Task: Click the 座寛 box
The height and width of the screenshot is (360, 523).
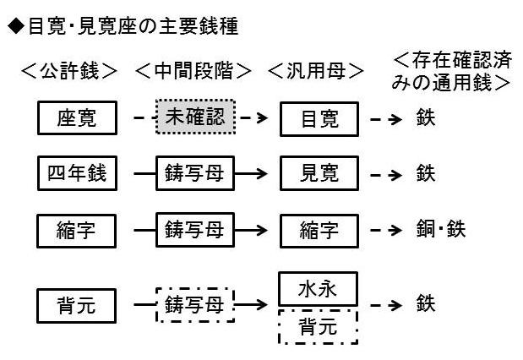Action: coord(77,117)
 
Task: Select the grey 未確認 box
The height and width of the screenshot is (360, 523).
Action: coord(195,117)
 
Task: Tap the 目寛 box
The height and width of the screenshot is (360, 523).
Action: coord(319,119)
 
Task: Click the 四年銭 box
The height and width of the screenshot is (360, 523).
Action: coord(77,173)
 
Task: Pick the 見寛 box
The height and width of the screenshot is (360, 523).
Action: coord(319,173)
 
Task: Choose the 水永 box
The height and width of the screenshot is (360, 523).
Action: coord(318,289)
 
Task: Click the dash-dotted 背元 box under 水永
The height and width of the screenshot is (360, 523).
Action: coord(318,327)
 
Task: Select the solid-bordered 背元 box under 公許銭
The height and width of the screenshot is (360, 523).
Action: coord(76,306)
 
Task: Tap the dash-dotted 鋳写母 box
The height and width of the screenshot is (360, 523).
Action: coord(195,305)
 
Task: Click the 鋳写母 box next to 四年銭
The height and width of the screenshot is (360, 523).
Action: coord(195,173)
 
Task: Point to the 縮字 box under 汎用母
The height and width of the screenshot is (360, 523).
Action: coord(319,231)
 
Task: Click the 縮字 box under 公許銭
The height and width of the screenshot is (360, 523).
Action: coord(76,231)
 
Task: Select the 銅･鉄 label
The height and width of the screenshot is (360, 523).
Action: coord(440,229)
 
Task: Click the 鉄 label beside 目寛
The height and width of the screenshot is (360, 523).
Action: coord(426,117)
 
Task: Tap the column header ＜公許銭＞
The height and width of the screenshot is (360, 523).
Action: coord(69,71)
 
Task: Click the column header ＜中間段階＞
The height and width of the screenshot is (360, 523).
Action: coord(193,71)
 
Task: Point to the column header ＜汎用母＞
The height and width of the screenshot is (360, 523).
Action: coord(315,71)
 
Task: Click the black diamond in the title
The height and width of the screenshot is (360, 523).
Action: coord(16,26)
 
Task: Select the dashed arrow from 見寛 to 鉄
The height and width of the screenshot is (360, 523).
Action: coord(386,175)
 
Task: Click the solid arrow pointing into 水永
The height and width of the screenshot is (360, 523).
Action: coord(251,304)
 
